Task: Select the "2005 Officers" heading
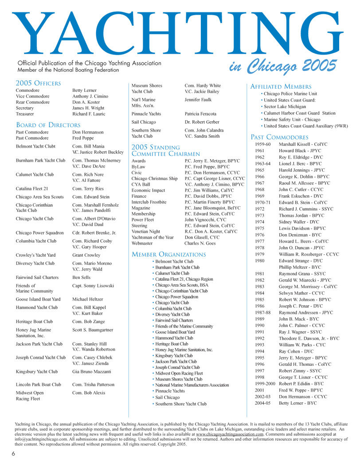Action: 38,83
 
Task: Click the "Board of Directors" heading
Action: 48,125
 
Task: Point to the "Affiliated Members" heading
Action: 281,86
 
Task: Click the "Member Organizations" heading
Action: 168,254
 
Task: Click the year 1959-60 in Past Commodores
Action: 263,145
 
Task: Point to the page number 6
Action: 14,454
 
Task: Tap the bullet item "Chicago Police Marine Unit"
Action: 290,94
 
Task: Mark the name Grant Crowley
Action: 86,255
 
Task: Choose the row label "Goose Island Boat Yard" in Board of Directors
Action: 39,299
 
